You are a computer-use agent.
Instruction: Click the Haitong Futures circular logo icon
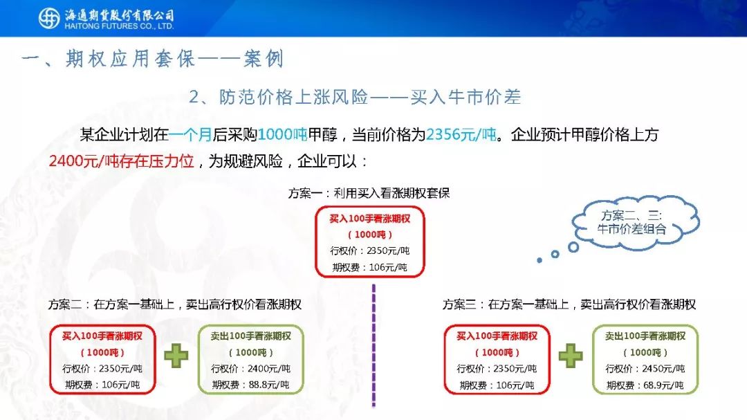[x=49, y=19]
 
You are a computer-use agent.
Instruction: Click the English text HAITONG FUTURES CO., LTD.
[x=119, y=27]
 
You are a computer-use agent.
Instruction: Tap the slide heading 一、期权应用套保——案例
[x=153, y=59]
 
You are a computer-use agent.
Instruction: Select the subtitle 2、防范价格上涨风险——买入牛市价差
[x=355, y=98]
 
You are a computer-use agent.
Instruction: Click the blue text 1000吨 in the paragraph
[x=282, y=134]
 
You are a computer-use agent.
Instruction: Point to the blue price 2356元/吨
[x=461, y=134]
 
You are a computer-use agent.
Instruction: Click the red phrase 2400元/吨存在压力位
[x=122, y=161]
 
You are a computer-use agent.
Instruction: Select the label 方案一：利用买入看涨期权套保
[x=369, y=193]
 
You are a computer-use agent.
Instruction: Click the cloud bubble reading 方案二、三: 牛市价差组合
[x=636, y=222]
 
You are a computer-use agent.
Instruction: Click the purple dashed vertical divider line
[x=373, y=346]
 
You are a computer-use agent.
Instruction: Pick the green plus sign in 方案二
[x=176, y=356]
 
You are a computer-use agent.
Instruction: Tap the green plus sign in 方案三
[x=571, y=356]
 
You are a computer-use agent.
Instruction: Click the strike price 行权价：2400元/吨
[x=250, y=369]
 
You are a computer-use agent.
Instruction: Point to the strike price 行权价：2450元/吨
[x=645, y=369]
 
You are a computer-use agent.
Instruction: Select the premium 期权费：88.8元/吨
[x=250, y=385]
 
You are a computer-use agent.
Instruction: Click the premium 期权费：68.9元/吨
[x=645, y=385]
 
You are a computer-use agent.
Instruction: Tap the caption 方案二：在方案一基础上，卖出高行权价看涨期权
[x=175, y=304]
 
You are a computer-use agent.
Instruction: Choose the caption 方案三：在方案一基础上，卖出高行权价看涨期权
[x=569, y=304]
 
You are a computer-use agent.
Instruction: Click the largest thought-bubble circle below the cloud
[x=573, y=247]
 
